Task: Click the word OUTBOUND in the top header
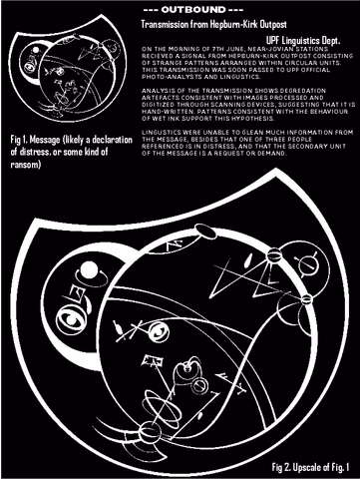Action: click(x=180, y=10)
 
